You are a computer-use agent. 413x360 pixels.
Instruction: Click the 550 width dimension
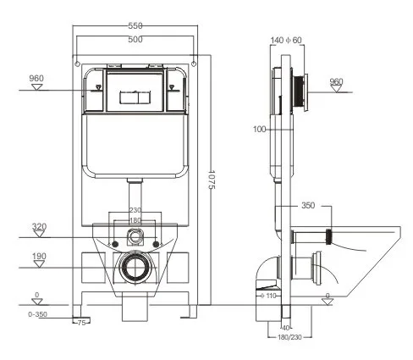coord(134,26)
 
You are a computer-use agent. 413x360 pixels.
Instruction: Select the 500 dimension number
coord(134,40)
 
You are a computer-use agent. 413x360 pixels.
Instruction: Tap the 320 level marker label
coord(39,226)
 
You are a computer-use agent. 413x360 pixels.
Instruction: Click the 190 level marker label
coord(39,255)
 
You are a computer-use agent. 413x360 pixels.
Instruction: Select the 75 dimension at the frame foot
coord(83,324)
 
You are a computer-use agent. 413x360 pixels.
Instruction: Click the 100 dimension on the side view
coord(258,130)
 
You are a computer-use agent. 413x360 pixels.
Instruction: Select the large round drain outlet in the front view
coord(135,269)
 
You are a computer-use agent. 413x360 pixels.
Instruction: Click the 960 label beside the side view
coord(336,82)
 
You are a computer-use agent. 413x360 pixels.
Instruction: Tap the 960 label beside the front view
coord(36,79)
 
